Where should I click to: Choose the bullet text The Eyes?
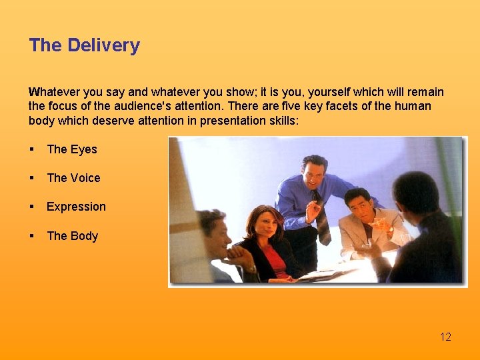(72, 149)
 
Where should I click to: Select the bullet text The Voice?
(73, 178)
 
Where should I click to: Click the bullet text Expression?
(76, 207)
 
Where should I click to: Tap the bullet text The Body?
(73, 236)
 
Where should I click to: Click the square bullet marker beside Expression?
(32, 207)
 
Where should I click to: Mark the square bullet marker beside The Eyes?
(32, 150)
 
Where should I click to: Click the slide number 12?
(445, 337)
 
